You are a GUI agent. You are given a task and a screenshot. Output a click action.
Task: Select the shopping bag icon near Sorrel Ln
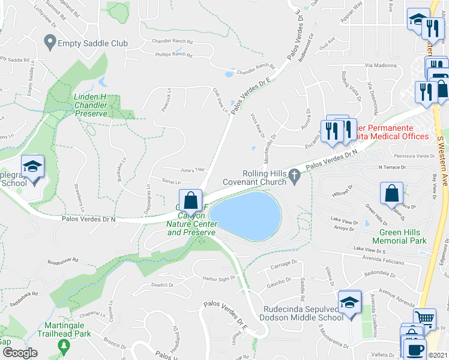tap(190, 200)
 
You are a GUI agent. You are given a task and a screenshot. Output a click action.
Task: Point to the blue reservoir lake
tap(246, 216)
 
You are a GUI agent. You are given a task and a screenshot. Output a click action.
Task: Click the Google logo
tap(20, 353)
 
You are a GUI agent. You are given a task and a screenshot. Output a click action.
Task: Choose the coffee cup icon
tap(416, 350)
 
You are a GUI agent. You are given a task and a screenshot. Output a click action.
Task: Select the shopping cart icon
tap(426, 319)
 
